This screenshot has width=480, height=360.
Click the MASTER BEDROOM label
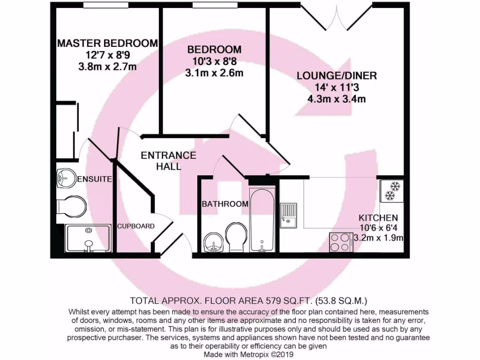click(107, 44)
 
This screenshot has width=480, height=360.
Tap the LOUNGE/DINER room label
click(337, 75)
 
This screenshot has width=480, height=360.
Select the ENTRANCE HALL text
click(168, 160)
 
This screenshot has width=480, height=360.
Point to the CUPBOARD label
click(135, 226)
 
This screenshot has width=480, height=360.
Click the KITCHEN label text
click(378, 218)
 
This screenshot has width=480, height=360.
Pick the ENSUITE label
click(94, 179)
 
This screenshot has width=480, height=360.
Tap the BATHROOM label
click(225, 204)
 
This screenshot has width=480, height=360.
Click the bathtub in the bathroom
click(261, 220)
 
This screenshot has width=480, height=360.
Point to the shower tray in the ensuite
click(88, 238)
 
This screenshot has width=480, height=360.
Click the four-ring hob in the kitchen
click(341, 242)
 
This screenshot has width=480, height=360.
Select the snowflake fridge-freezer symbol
click(391, 190)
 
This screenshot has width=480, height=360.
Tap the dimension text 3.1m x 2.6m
click(214, 73)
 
